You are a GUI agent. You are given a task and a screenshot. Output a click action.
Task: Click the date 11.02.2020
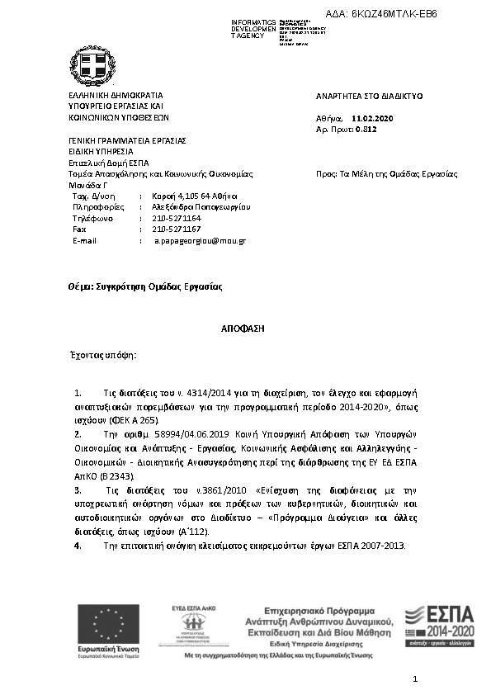coord(372,119)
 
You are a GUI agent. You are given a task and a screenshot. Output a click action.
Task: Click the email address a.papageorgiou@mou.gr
coord(201,240)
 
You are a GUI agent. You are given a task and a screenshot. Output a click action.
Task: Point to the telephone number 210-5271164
coord(177,218)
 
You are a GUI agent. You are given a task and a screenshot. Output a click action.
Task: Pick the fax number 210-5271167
coord(177,229)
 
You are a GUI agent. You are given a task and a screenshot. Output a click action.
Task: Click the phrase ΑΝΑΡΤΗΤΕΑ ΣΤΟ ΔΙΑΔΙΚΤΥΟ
coord(370,96)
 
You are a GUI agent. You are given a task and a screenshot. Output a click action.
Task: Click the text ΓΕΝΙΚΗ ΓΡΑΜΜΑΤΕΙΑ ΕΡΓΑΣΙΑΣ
coord(127,140)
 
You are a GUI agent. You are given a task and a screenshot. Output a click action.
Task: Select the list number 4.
coord(78,546)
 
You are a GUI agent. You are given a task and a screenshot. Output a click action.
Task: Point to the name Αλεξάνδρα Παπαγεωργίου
coord(201,207)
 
